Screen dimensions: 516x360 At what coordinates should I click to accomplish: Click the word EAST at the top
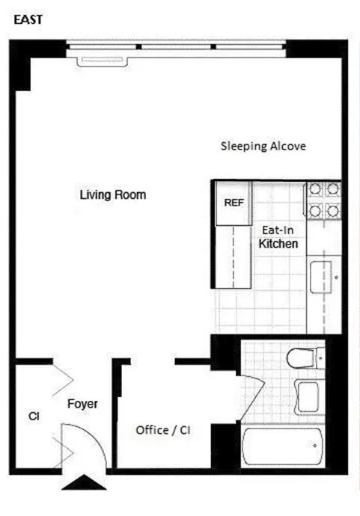[28, 20]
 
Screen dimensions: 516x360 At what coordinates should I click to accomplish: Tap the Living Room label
[113, 195]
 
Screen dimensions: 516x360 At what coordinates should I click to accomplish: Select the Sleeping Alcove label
[263, 146]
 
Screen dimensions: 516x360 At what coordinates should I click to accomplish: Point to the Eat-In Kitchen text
[278, 238]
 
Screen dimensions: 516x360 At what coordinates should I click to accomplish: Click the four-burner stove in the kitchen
[323, 200]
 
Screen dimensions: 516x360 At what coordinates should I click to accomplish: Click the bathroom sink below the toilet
[307, 393]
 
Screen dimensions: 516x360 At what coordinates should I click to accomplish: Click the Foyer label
[82, 404]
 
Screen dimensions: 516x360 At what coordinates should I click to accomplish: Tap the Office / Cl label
[162, 431]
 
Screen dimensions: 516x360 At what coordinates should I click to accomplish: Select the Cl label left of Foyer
[34, 415]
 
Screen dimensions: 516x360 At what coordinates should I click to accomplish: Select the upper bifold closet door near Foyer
[61, 378]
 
